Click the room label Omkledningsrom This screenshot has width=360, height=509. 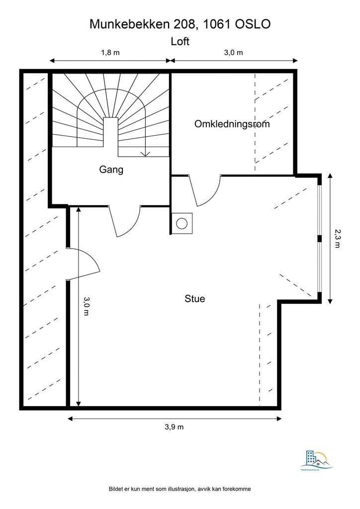pyautogui.click(x=232, y=124)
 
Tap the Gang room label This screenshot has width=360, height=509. pyautogui.click(x=111, y=170)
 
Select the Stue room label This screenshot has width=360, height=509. pyautogui.click(x=195, y=299)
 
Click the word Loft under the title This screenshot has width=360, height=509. pyautogui.click(x=180, y=42)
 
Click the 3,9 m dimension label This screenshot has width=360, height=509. pyautogui.click(x=174, y=426)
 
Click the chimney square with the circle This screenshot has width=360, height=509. pyautogui.click(x=181, y=223)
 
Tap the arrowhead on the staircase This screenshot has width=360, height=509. pyautogui.click(x=145, y=154)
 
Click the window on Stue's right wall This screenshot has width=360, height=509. pyautogui.click(x=320, y=239)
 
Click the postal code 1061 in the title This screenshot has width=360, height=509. pyautogui.click(x=215, y=24)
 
